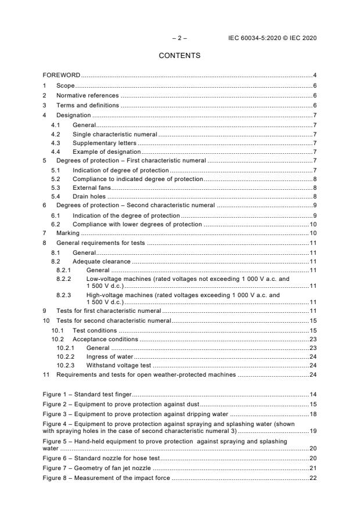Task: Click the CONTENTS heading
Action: tap(179, 56)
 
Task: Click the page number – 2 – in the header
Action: tap(179, 38)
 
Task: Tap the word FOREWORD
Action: tap(62, 75)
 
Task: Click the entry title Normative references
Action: tap(87, 95)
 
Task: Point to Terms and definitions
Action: tap(87, 105)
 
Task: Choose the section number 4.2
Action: tap(56, 135)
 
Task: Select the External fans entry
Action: tap(91, 188)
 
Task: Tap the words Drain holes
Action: tap(89, 197)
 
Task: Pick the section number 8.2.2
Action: tap(63, 279)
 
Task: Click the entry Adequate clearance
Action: tap(101, 262)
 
